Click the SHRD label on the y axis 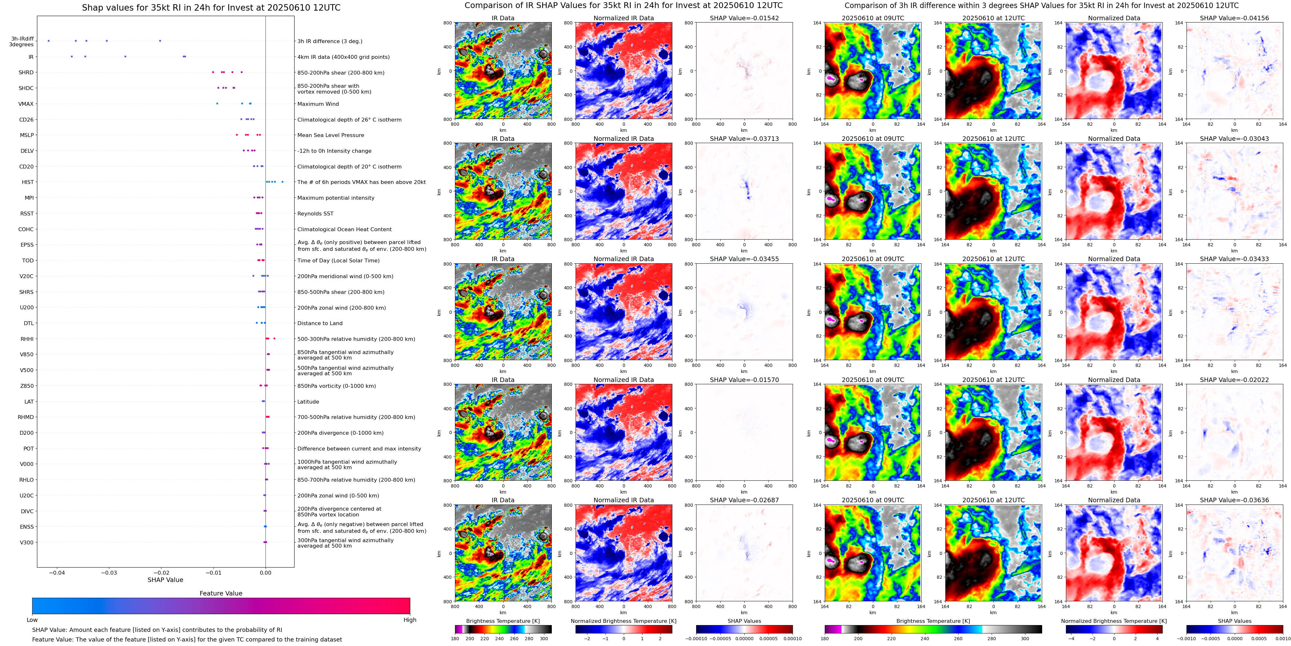26,73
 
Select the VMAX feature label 26,104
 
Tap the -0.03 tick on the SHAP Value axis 109,572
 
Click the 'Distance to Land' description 320,323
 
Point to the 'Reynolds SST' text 315,214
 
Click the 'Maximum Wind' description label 318,104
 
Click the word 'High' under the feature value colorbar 409,620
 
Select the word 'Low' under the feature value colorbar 32,620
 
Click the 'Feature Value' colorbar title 221,593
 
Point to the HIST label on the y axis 28,182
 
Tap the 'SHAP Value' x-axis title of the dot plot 165,580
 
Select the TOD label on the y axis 28,260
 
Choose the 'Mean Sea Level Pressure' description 330,135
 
